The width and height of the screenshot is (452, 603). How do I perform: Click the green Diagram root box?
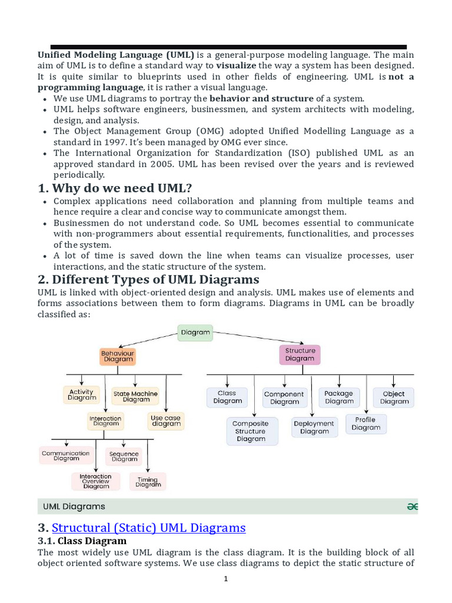(x=195, y=332)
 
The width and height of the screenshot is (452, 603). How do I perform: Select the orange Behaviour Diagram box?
(x=118, y=356)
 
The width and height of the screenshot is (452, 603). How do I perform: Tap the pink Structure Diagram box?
(x=300, y=354)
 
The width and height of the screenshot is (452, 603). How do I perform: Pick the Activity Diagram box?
(x=81, y=395)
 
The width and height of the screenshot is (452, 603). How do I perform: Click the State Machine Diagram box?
(x=135, y=396)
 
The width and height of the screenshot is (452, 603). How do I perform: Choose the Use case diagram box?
(x=166, y=420)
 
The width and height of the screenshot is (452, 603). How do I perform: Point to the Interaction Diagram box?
(x=105, y=421)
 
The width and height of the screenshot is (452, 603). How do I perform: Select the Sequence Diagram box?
(x=124, y=456)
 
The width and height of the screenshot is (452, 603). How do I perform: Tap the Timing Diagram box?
(x=148, y=482)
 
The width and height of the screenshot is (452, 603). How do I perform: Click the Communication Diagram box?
(x=66, y=456)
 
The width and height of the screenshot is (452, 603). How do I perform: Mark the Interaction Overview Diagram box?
(x=95, y=481)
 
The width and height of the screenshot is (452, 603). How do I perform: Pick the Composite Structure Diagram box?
(x=251, y=431)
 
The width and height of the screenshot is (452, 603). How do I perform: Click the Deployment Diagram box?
(x=314, y=427)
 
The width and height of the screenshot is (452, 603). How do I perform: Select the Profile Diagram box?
(x=366, y=423)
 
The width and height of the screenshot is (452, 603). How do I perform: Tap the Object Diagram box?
(x=394, y=397)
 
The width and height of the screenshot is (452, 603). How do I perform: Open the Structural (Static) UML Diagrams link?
(x=149, y=527)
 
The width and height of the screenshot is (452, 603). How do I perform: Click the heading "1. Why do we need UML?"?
(x=122, y=188)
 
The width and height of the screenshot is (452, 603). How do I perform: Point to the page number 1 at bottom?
(x=225, y=579)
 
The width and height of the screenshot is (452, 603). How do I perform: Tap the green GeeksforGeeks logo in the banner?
(x=412, y=506)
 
